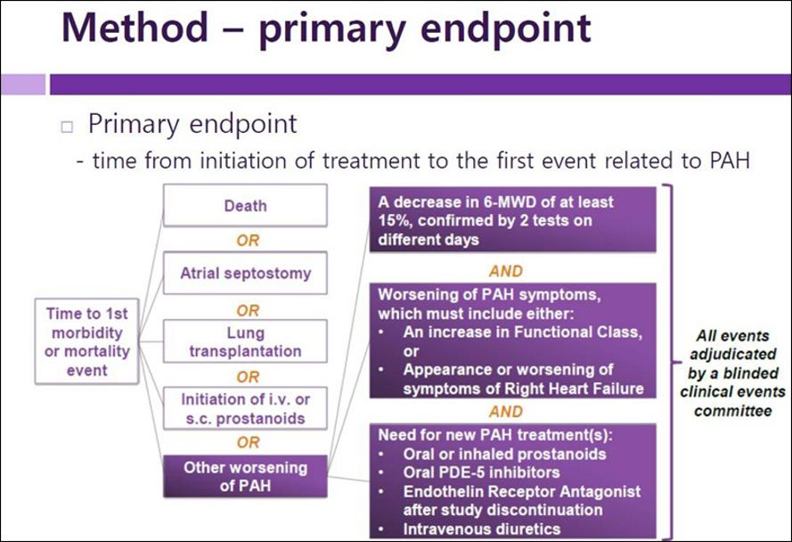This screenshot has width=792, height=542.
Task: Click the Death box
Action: click(245, 205)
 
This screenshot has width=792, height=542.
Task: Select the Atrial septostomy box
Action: click(245, 273)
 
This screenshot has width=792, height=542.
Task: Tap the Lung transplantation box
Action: click(245, 341)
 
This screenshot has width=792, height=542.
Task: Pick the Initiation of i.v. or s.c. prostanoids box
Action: click(245, 408)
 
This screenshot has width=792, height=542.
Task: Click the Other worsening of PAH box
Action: click(245, 476)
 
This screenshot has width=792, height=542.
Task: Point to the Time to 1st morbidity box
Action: click(87, 341)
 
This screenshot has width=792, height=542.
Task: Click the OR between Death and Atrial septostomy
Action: click(248, 240)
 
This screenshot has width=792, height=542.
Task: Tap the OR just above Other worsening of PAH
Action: click(248, 442)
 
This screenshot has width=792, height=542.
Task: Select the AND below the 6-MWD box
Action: click(506, 272)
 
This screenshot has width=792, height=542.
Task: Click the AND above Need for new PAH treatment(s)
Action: click(506, 412)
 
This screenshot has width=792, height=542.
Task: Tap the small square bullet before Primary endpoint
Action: click(67, 127)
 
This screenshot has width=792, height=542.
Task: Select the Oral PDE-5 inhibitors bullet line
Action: click(481, 472)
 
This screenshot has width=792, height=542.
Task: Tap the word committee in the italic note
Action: click(733, 411)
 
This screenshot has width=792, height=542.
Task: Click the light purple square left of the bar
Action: click(23, 85)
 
